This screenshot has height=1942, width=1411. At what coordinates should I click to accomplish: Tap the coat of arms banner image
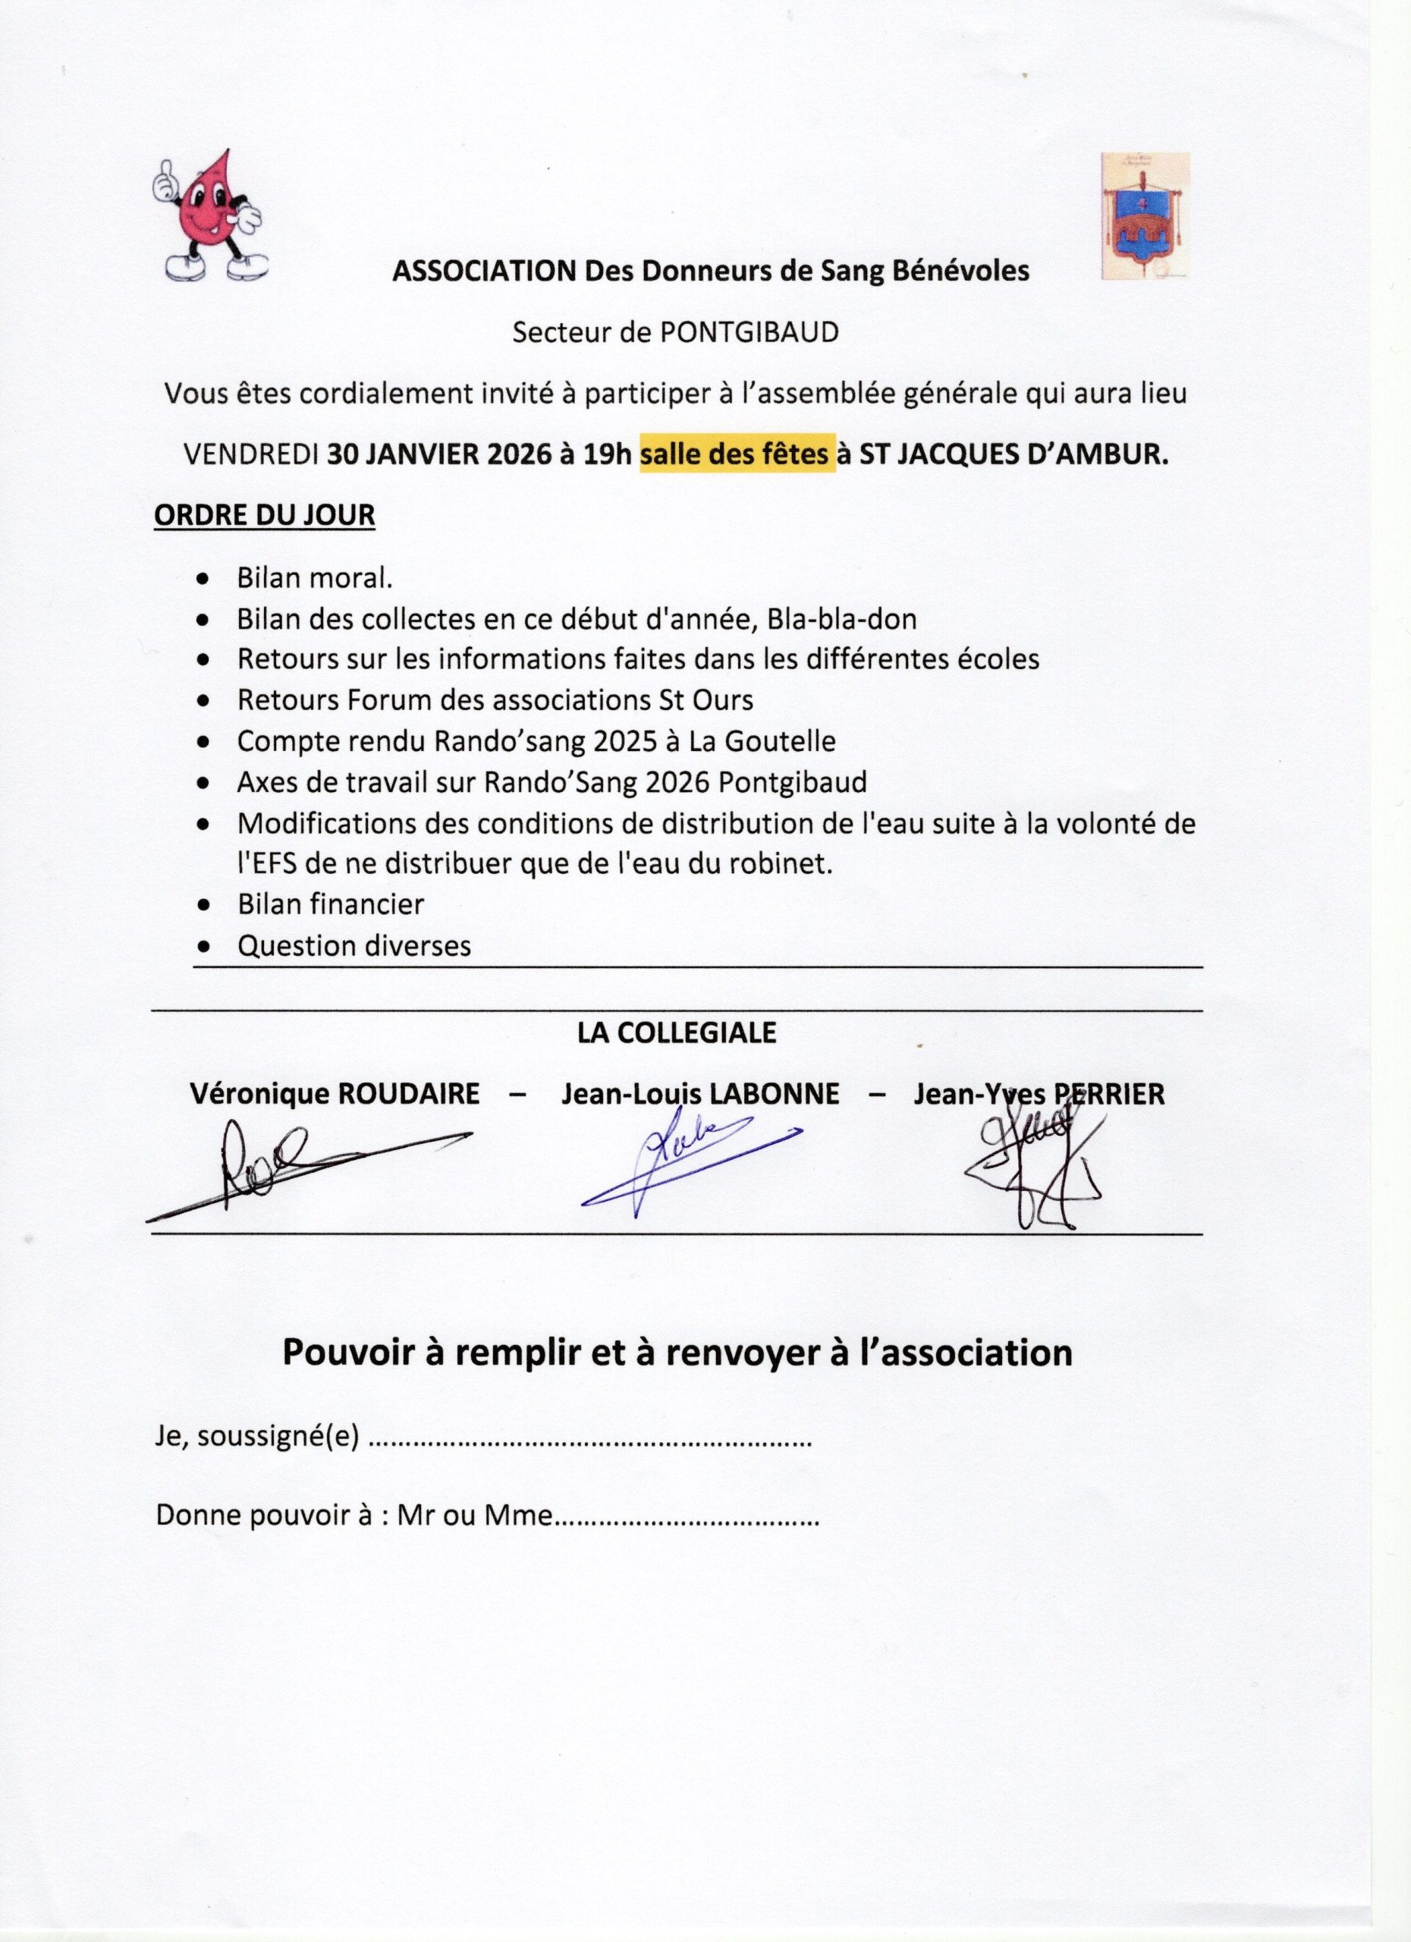[x=1145, y=215]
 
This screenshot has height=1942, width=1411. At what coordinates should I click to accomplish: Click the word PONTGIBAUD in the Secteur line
[x=746, y=333]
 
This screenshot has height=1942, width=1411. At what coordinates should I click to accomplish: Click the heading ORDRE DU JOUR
[x=264, y=517]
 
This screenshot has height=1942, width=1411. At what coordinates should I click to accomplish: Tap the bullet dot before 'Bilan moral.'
[x=203, y=579]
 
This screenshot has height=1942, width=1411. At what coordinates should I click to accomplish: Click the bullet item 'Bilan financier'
[x=331, y=904]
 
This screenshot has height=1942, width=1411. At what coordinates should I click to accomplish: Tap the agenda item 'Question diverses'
[x=354, y=945]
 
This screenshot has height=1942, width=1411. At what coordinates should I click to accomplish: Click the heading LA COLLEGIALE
[x=677, y=1033]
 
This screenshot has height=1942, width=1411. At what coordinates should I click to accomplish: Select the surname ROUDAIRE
[x=408, y=1095]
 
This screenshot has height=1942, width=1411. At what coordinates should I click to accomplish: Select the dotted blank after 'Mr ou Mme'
[x=687, y=1517]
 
